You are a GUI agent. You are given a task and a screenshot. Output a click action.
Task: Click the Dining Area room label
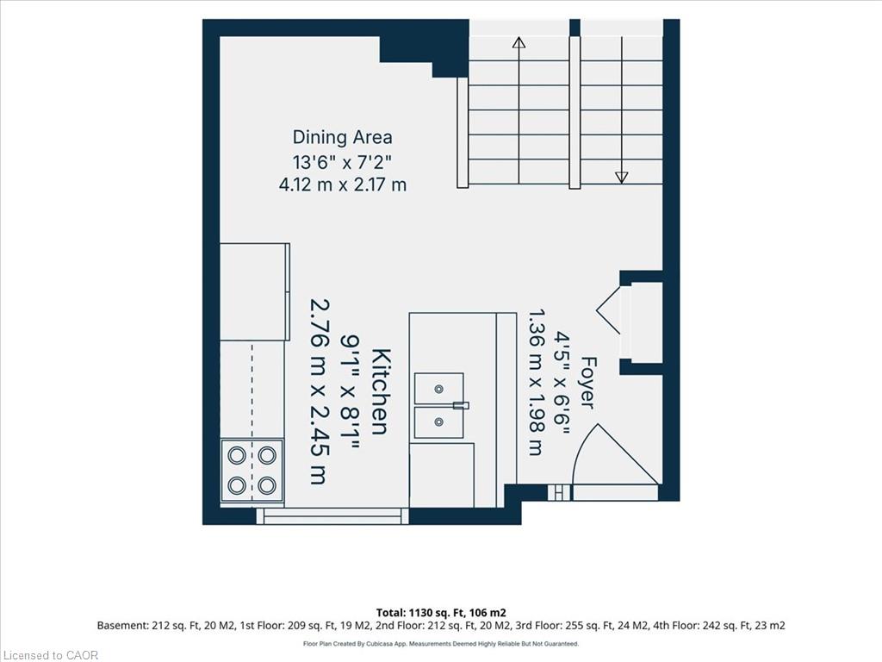click(x=342, y=137)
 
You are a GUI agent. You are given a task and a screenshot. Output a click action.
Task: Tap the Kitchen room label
click(x=382, y=392)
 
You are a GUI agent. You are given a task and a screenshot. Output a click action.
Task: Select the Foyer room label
click(x=587, y=382)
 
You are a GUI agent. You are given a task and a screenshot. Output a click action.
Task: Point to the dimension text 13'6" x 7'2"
click(x=342, y=162)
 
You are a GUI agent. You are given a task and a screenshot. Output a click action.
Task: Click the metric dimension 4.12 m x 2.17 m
click(x=342, y=184)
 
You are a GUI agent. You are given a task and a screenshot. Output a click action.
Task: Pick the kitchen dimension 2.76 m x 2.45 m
click(x=319, y=391)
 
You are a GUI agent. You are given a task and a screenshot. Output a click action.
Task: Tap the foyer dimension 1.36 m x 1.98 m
click(x=536, y=382)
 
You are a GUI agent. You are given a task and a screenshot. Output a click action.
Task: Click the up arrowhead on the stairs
click(x=519, y=43)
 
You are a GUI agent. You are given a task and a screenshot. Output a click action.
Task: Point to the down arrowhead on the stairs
click(x=622, y=178)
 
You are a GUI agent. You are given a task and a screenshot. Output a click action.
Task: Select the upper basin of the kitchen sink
click(x=438, y=389)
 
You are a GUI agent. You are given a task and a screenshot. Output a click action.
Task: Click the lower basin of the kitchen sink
click(x=438, y=422)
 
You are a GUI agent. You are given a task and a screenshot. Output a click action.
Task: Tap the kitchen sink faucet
click(x=462, y=405)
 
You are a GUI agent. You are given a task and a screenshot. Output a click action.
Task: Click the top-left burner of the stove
click(x=237, y=455)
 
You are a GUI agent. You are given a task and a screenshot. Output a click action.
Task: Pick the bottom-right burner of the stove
click(x=267, y=484)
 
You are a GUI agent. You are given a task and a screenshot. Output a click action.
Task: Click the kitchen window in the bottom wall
click(x=332, y=516)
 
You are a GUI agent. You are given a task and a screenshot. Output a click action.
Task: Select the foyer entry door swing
click(x=615, y=454)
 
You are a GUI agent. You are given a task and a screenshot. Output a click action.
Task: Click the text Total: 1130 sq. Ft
click(x=419, y=613)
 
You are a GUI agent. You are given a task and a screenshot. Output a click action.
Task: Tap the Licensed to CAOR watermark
click(x=50, y=655)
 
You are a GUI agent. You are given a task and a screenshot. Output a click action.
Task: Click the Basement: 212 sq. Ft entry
click(x=143, y=626)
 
